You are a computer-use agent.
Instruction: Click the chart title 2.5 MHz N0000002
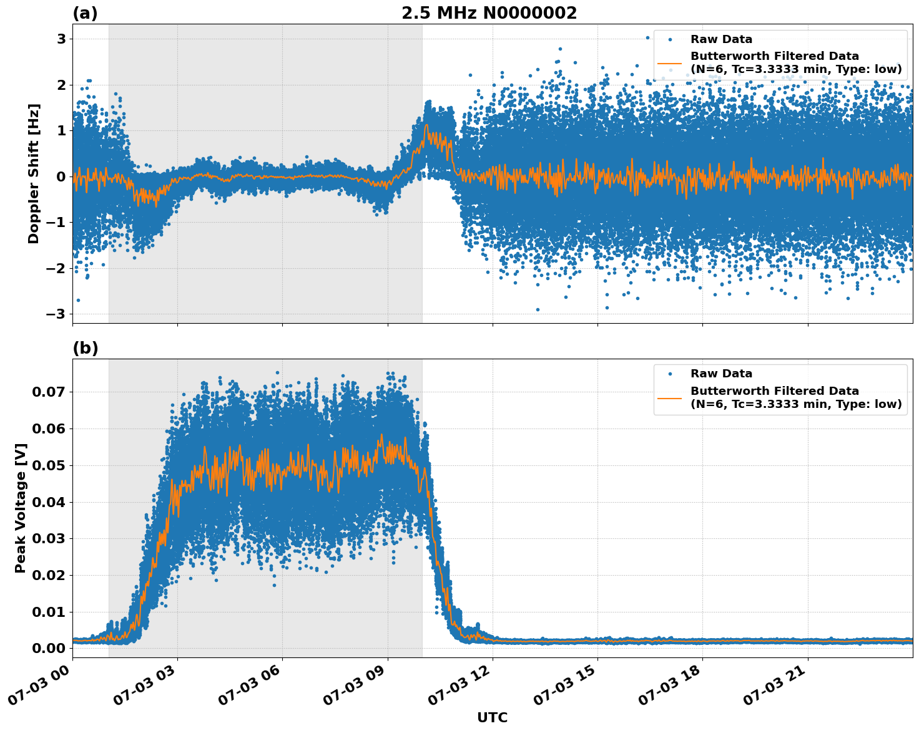pyautogui.click(x=489, y=13)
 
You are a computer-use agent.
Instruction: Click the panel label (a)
pyautogui.click(x=85, y=13)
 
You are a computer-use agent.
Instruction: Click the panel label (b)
pyautogui.click(x=85, y=348)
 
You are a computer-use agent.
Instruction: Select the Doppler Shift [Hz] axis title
pyautogui.click(x=34, y=173)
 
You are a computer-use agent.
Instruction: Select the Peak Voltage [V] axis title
pyautogui.click(x=21, y=508)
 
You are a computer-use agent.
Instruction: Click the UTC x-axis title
pyautogui.click(x=492, y=717)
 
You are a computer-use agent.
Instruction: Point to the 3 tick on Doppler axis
pyautogui.click(x=61, y=39)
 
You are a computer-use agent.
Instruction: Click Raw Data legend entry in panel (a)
pyautogui.click(x=721, y=39)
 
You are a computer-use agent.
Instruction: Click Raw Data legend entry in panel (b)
pyautogui.click(x=721, y=374)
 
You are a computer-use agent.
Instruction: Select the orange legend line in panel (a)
pyautogui.click(x=669, y=63)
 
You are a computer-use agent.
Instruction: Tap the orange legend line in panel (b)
pyautogui.click(x=669, y=397)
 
